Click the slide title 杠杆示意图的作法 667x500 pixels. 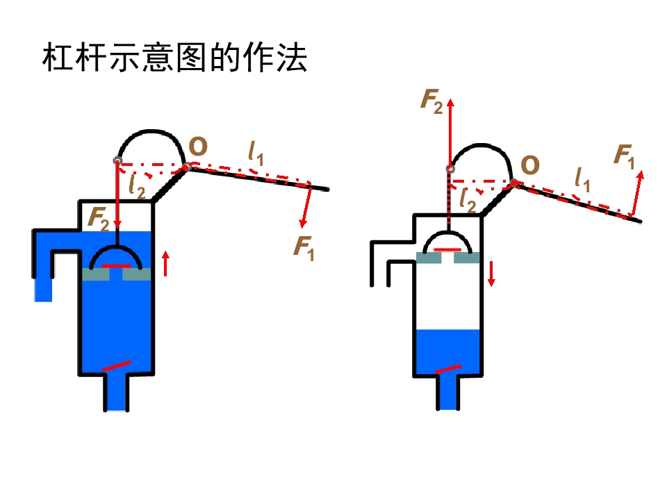coord(174,57)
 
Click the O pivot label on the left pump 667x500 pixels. coord(198,147)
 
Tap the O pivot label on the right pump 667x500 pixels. coord(530,165)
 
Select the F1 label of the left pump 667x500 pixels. coord(304,247)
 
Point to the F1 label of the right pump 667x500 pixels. coord(624,156)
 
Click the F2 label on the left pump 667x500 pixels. coord(99,219)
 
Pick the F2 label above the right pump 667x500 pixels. coord(431,101)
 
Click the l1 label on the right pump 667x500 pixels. coord(582,179)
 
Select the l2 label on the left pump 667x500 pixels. coord(137,186)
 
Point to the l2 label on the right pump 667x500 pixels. coord(468,200)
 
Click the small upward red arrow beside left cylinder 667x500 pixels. coord(166,263)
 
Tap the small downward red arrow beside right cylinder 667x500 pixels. coord(491,274)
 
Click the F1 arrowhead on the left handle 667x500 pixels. coord(303,223)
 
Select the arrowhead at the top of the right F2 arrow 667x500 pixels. coord(450,103)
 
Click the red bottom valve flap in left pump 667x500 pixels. coord(116,366)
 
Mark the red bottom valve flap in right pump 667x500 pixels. coord(448,369)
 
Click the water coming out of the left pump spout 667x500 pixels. coord(43,290)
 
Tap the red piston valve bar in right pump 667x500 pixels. coord(447,250)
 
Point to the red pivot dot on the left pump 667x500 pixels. coord(186,168)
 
